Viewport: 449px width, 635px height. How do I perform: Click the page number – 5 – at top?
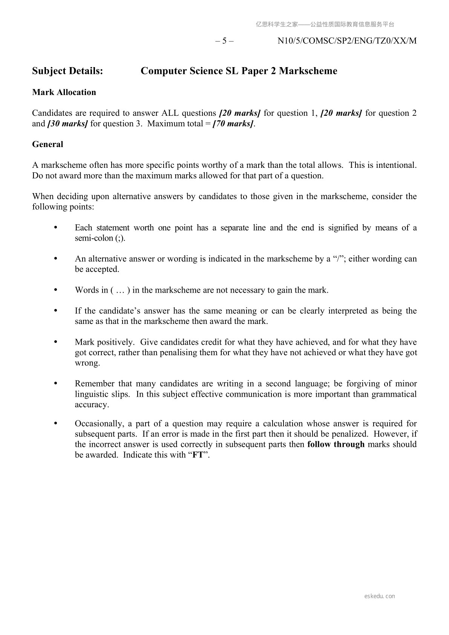tap(224, 41)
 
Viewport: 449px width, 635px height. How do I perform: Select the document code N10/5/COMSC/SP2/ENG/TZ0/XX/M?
tap(347, 41)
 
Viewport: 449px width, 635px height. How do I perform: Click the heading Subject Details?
tap(67, 71)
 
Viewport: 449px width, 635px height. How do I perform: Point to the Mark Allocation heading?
tap(64, 92)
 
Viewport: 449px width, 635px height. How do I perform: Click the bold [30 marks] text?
tap(67, 124)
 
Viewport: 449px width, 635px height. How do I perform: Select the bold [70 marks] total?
tap(233, 124)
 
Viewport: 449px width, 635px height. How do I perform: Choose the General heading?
tap(48, 144)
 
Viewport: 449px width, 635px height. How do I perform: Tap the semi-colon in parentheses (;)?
tap(119, 238)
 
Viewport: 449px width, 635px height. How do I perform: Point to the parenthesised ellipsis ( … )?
tap(120, 290)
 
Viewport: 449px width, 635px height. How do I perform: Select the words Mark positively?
tap(104, 342)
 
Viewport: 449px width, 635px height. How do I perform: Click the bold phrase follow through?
tap(336, 445)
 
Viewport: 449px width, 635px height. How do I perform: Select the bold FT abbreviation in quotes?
tap(198, 455)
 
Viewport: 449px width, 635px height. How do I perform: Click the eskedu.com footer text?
tap(380, 596)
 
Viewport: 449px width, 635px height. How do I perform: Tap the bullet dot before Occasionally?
tap(56, 423)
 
